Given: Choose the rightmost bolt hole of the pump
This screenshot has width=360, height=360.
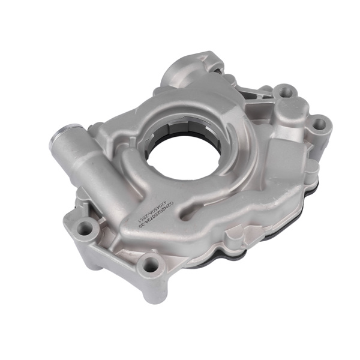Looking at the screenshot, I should coord(319,124).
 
